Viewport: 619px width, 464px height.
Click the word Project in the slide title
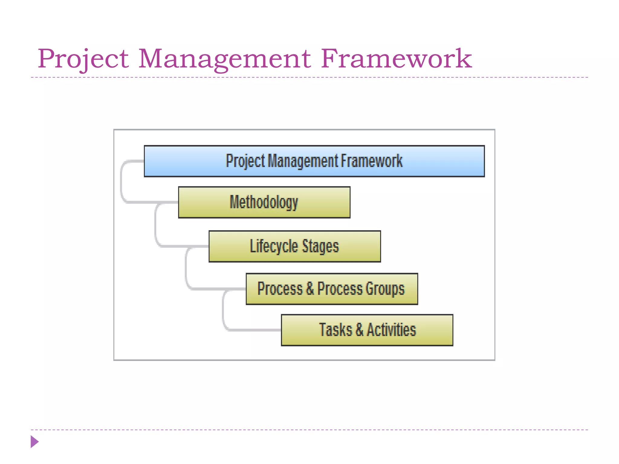[x=83, y=59]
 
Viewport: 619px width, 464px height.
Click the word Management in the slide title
[x=224, y=59]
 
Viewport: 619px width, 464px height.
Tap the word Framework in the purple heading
[x=396, y=59]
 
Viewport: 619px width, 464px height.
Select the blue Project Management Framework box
[x=314, y=161]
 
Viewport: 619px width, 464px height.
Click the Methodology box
[x=264, y=202]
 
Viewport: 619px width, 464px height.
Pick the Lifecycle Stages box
[x=294, y=246]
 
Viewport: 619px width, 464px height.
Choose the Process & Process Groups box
[x=332, y=289]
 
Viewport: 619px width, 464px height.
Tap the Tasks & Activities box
[x=367, y=330]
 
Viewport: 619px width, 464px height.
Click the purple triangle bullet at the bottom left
[x=34, y=442]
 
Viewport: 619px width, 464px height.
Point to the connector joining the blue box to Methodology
[x=122, y=181]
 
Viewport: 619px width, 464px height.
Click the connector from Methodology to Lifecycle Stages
[x=156, y=225]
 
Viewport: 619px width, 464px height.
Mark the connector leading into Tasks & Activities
[x=224, y=311]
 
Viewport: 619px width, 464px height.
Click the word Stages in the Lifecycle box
[x=320, y=246]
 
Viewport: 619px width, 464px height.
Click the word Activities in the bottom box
[x=391, y=330]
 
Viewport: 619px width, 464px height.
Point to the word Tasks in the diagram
[x=335, y=330]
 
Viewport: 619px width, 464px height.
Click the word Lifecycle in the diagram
[x=274, y=246]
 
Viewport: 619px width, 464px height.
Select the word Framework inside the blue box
[x=372, y=161]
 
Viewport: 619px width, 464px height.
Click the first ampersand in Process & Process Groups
[x=310, y=289]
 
